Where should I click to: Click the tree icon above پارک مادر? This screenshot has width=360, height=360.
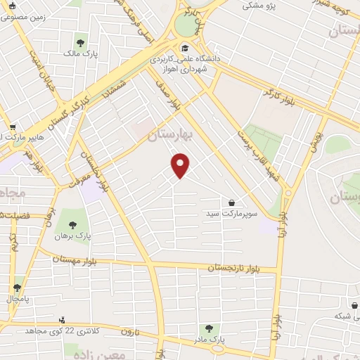coord(208,328)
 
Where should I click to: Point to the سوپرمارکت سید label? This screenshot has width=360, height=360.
coord(222,212)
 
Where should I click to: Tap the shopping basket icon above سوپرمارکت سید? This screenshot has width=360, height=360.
coord(231,202)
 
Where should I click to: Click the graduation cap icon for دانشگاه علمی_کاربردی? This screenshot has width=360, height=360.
coord(185,49)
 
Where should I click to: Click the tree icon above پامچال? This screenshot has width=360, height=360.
coord(17,288)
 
